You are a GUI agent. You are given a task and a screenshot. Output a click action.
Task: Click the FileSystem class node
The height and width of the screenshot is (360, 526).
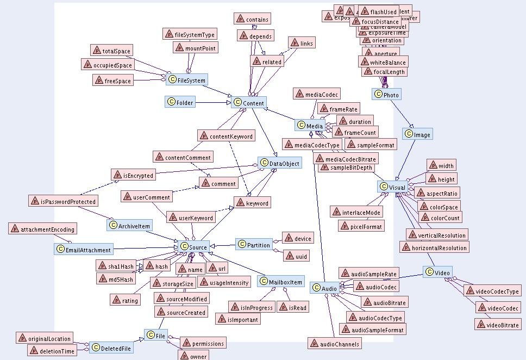pos(187,80)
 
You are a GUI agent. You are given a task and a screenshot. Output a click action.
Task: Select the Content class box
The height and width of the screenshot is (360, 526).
pos(249,103)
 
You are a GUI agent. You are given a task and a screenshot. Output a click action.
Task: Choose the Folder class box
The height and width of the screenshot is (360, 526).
pos(180,102)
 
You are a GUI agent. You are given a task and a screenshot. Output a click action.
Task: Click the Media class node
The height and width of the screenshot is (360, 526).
pos(310,126)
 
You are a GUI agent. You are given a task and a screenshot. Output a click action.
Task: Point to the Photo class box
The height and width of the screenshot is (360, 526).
pos(386,95)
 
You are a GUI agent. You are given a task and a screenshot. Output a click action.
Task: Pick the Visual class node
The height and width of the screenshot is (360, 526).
pos(392,187)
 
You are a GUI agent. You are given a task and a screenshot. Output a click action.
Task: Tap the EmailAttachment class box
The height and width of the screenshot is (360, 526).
pos(84,250)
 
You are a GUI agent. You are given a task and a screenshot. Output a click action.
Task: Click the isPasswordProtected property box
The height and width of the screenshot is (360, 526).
pos(63,201)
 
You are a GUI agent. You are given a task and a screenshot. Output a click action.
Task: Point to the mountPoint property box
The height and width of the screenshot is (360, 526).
pos(196,48)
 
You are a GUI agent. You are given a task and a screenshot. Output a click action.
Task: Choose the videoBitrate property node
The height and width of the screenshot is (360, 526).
pos(497,325)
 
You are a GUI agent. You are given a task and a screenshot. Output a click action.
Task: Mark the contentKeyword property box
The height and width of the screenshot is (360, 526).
pos(226,136)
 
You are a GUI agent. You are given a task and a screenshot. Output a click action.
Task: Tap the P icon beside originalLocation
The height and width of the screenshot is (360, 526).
pos(22,339)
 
